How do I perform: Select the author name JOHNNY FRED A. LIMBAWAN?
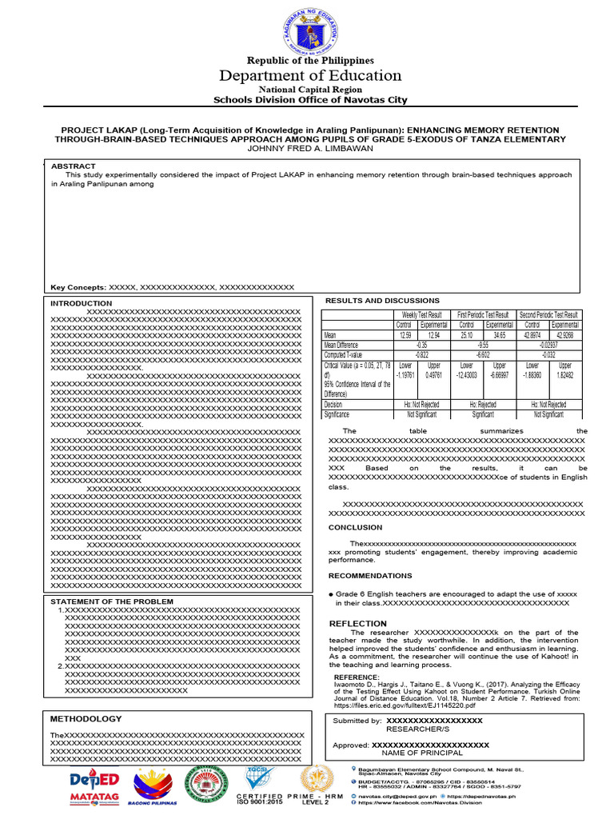point(310,149)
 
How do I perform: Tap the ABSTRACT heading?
point(74,166)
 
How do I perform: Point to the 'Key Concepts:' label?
point(78,287)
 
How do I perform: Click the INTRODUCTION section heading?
point(82,304)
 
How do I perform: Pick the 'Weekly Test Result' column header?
point(422,315)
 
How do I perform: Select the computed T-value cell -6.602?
point(483,354)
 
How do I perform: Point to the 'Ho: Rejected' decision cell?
point(483,405)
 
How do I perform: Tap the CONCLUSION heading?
point(355,528)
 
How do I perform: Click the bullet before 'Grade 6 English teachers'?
point(331,595)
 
